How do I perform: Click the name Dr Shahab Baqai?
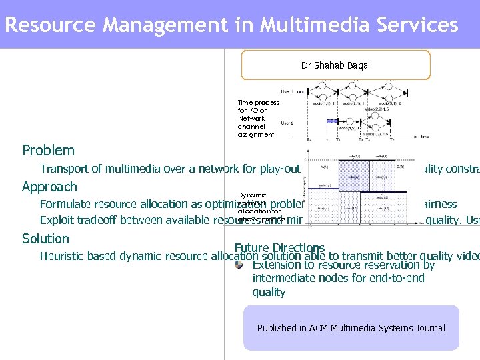click(x=335, y=65)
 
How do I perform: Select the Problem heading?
click(x=48, y=151)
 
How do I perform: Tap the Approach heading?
click(x=49, y=187)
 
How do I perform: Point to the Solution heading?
click(x=45, y=239)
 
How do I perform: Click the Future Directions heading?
click(x=279, y=248)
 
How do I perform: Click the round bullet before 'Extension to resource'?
click(x=239, y=264)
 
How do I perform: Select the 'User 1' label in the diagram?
click(x=287, y=91)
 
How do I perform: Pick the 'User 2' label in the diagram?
click(x=287, y=123)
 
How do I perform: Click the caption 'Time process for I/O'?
click(x=258, y=107)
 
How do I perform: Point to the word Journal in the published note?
click(x=427, y=328)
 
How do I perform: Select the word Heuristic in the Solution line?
click(x=62, y=256)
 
